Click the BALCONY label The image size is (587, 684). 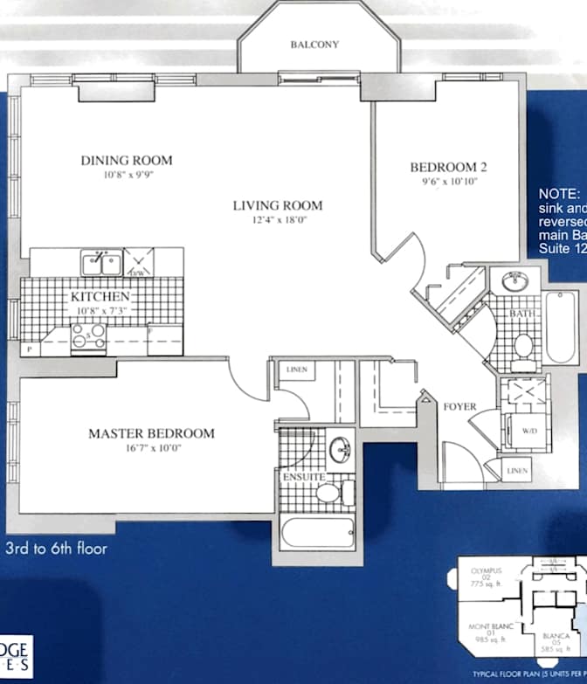click(x=314, y=45)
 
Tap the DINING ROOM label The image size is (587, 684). click(x=127, y=161)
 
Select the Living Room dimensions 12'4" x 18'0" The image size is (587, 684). click(x=277, y=219)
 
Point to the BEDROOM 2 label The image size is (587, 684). click(x=448, y=168)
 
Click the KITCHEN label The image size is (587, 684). click(x=100, y=297)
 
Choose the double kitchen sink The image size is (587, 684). click(x=100, y=262)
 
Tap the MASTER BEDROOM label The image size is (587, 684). click(x=151, y=433)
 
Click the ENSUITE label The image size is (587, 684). click(x=303, y=477)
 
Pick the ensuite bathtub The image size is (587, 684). click(x=317, y=532)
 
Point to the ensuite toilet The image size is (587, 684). click(x=332, y=494)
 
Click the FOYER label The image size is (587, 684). click(x=459, y=406)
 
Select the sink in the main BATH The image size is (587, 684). click(x=514, y=281)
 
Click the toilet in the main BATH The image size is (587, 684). click(x=524, y=346)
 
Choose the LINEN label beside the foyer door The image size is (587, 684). click(x=517, y=471)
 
